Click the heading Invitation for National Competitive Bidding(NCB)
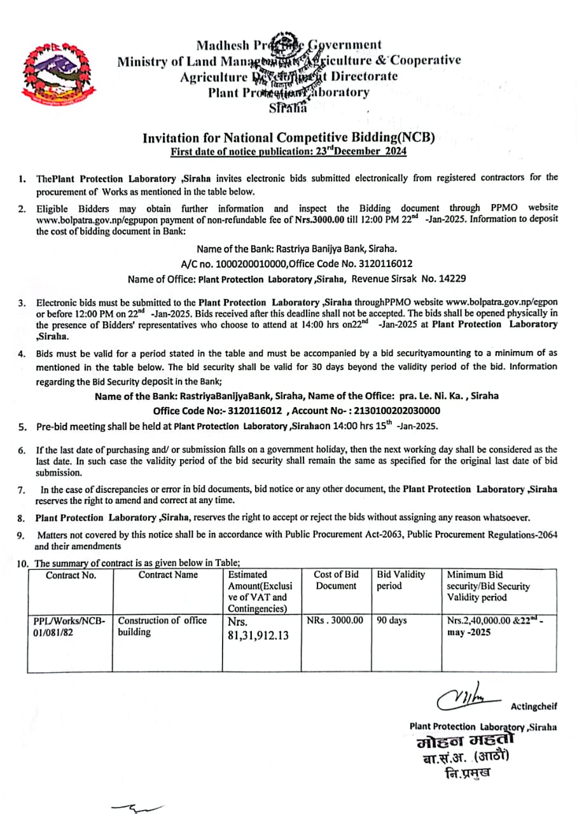pyautogui.click(x=288, y=137)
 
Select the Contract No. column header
pyautogui.click(x=71, y=575)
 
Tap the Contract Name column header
pyautogui.click(x=168, y=575)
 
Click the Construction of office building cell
pyautogui.click(x=162, y=626)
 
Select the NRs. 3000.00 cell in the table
pyautogui.click(x=335, y=620)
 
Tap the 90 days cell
pyautogui.click(x=392, y=620)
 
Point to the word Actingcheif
pyautogui.click(x=533, y=706)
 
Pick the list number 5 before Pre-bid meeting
pyautogui.click(x=22, y=427)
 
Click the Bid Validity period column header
pyautogui.click(x=401, y=580)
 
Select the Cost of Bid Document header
pyautogui.click(x=336, y=580)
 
